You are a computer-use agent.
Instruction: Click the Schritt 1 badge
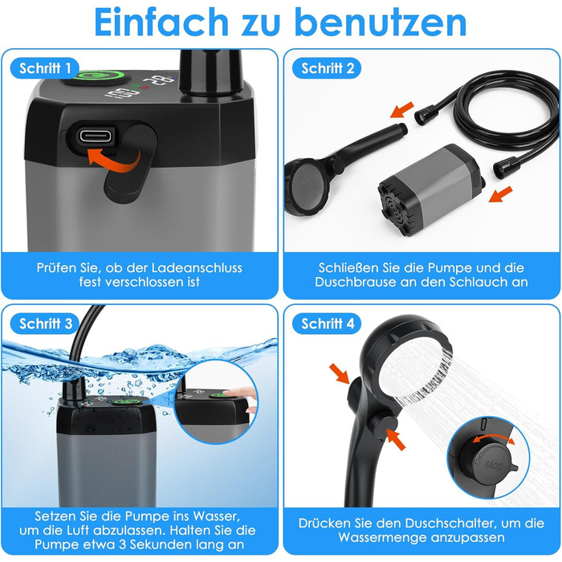coord(45,68)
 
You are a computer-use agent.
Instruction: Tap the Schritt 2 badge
coord(327,68)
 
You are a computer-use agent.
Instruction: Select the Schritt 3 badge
coord(45,324)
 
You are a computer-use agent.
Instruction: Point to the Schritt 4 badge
coord(327,324)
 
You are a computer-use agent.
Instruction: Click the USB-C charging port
coord(96,136)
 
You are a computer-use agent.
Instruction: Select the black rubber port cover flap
coord(131,164)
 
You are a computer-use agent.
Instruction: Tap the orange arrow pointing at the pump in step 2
coord(500,194)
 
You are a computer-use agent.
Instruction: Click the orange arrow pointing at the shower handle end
coord(401,110)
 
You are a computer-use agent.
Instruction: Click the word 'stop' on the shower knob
coord(494,465)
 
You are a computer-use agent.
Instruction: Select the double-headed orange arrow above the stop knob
coord(494,438)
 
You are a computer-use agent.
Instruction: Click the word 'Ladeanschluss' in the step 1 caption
coord(197,267)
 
